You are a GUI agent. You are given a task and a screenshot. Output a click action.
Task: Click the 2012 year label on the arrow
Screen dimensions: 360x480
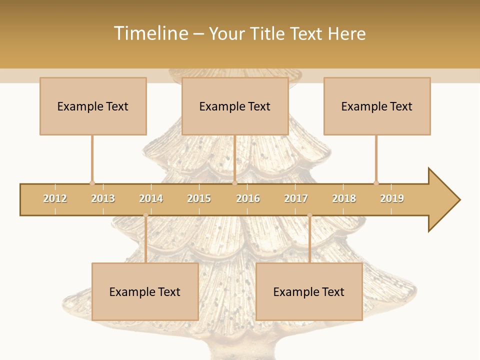[x=55, y=198]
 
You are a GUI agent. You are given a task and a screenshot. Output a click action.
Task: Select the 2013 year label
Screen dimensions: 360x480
[x=103, y=198]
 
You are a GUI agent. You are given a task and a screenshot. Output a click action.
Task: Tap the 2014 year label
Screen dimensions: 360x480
[x=151, y=198]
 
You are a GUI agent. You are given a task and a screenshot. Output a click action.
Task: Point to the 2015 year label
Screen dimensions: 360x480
[x=199, y=198]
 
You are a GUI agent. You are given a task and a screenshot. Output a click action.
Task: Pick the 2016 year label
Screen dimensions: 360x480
[x=248, y=198]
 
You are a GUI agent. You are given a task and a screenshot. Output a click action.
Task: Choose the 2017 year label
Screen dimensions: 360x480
[x=296, y=198]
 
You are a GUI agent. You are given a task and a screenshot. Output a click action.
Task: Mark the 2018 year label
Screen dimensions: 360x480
[x=344, y=198]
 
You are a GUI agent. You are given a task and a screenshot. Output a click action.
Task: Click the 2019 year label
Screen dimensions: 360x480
[x=392, y=198]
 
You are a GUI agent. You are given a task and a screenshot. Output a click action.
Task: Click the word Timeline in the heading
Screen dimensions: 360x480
[x=149, y=33]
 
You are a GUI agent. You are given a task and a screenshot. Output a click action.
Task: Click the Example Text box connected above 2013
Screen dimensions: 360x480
[x=93, y=106]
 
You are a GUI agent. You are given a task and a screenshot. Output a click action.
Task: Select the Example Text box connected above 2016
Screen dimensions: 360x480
[x=235, y=106]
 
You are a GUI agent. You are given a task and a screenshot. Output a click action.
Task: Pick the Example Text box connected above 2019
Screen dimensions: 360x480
[x=377, y=106]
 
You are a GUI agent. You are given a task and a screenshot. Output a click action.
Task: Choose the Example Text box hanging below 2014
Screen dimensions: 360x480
[x=145, y=291]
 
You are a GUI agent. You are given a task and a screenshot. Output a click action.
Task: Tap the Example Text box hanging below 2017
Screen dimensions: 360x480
[x=309, y=291]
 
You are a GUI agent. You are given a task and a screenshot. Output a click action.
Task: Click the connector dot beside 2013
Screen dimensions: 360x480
[x=92, y=183]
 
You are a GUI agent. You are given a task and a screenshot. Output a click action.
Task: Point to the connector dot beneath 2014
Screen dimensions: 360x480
[x=145, y=215]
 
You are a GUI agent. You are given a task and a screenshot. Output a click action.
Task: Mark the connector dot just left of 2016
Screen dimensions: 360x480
[x=234, y=183]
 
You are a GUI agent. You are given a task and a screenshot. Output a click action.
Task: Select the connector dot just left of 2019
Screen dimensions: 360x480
[x=376, y=183]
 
